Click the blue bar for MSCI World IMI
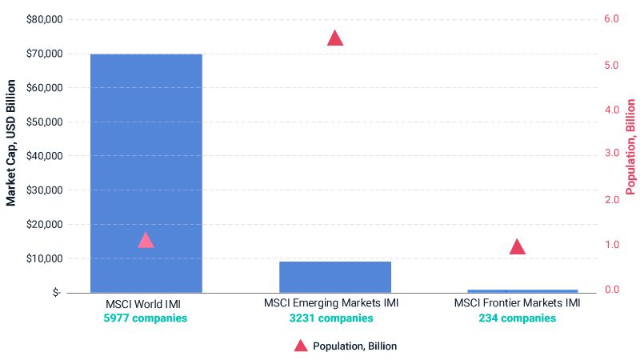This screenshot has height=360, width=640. (146, 172)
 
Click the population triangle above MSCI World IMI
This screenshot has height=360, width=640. (146, 241)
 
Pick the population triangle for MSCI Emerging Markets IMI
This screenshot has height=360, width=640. (335, 38)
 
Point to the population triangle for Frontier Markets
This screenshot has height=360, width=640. (518, 247)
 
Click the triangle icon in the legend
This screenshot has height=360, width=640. (300, 346)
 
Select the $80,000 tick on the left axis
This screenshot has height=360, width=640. (42, 19)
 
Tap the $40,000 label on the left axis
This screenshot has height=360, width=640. (42, 156)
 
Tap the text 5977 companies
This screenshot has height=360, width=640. (146, 318)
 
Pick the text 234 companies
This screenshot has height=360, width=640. (517, 318)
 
